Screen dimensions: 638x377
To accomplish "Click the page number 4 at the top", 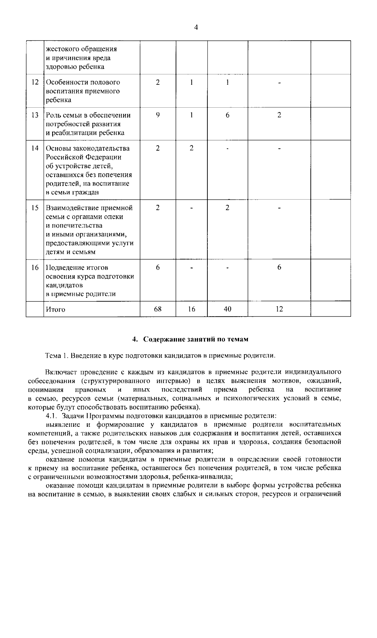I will click(x=196, y=28).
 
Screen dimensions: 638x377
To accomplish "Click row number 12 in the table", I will click(x=35, y=82).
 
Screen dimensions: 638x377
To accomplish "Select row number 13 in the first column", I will click(x=35, y=115).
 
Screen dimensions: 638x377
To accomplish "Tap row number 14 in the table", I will click(x=35, y=148).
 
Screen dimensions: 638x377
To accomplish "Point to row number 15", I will click(x=35, y=208).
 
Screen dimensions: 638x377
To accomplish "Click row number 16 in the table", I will click(x=35, y=267).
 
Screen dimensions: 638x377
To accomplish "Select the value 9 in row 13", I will click(x=157, y=115).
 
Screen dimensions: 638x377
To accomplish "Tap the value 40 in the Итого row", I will click(x=227, y=309).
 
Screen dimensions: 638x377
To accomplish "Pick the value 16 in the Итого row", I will click(x=191, y=309).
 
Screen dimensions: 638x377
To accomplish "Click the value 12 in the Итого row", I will click(x=279, y=309).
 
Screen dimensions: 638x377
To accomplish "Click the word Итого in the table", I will click(x=56, y=309).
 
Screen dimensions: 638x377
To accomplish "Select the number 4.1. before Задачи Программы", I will click(x=51, y=416).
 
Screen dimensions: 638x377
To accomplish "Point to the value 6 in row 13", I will click(x=227, y=115).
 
